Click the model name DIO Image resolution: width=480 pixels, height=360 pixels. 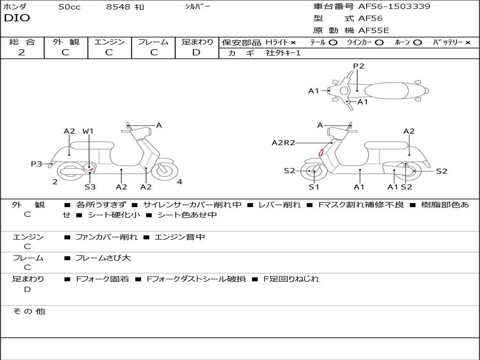coord(17,18)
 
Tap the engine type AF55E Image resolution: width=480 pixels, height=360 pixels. coord(374,30)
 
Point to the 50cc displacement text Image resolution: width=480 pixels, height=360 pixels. coord(69,7)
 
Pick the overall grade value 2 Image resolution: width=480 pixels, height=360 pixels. coord(22,52)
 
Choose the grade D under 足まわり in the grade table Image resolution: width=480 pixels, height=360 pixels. coord(196,52)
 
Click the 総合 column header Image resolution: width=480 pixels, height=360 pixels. coord(22,42)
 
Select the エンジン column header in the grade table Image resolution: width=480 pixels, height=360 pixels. coord(109,42)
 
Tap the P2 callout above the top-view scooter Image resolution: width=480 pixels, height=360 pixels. coord(359,66)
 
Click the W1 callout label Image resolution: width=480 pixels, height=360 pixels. coord(88,131)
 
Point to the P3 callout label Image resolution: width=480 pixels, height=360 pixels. coord(37,164)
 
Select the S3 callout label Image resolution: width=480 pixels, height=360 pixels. coord(90,187)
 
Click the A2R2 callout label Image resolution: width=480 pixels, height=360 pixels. coord(283,142)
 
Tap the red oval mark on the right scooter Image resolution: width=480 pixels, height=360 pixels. coord(321,152)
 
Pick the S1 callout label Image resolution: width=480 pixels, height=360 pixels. coord(314,187)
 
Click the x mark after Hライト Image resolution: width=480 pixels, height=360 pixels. coord(293,43)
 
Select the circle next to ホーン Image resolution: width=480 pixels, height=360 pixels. coord(417,43)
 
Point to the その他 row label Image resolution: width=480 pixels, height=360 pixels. coord(29,311)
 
